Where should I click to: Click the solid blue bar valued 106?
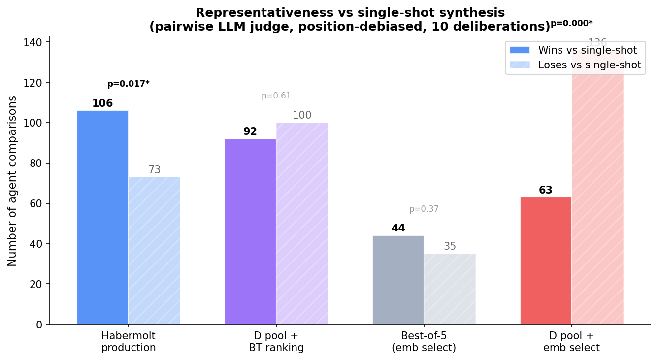click(x=102, y=217)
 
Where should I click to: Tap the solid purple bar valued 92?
click(x=250, y=231)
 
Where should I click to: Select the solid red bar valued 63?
click(x=546, y=261)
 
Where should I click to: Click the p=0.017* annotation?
click(x=129, y=84)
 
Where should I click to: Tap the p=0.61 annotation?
click(x=276, y=96)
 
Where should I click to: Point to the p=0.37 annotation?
click(x=424, y=209)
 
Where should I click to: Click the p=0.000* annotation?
click(x=571, y=23)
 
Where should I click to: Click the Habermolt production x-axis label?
click(x=129, y=342)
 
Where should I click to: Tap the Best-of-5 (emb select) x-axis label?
click(x=424, y=342)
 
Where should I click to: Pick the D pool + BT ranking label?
click(x=276, y=342)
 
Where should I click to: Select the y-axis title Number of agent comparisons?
click(x=13, y=181)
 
